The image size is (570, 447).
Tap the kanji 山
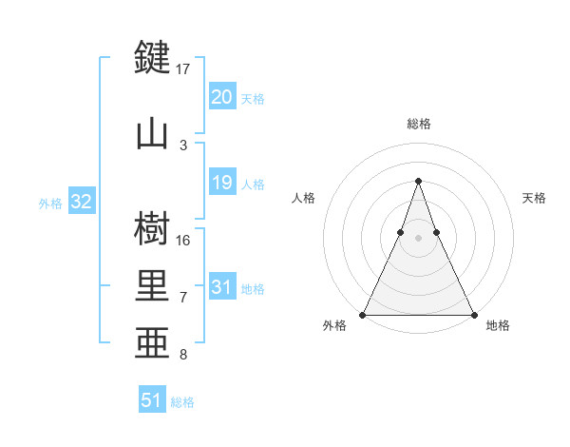pos(153,132)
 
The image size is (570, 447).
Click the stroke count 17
pos(183,69)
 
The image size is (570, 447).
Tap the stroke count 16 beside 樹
pos(183,241)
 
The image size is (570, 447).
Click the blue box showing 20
pos(221,97)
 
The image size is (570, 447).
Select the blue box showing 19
pos(221,183)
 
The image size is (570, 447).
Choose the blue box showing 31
pos(221,287)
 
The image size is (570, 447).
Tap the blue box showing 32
pos(81,202)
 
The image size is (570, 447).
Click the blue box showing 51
pos(152,400)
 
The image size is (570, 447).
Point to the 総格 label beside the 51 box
pos(182,402)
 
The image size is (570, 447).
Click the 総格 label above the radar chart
pos(418,124)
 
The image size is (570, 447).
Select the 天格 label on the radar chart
pos(534,198)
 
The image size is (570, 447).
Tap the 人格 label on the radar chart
pos(303,198)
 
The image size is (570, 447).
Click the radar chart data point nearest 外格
pos(363,314)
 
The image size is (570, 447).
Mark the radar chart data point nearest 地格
pos(473,314)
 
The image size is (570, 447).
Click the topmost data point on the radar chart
pos(418,180)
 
